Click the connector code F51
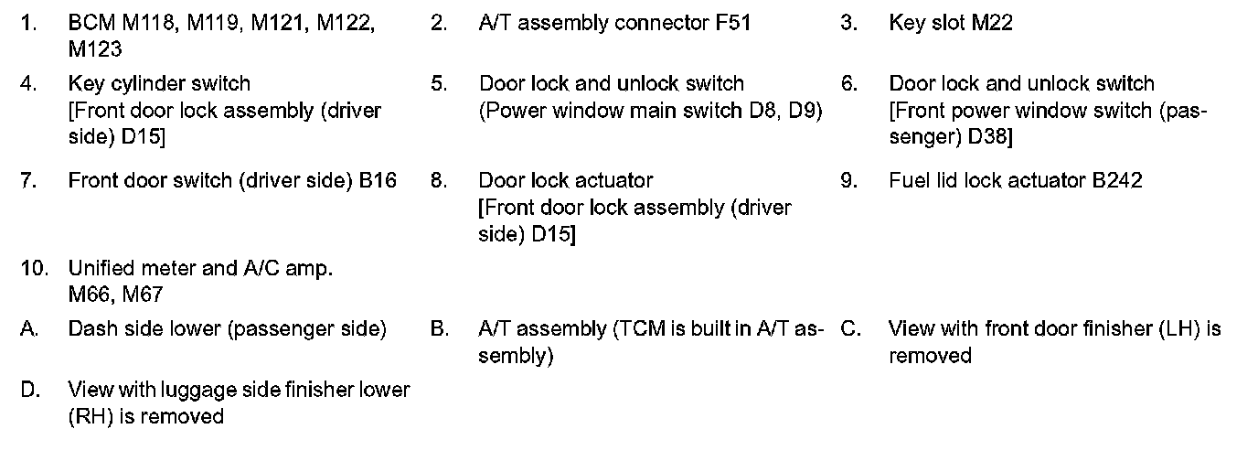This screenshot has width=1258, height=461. click(x=733, y=23)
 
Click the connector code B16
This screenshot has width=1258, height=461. click(x=378, y=180)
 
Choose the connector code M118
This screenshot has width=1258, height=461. click(x=150, y=23)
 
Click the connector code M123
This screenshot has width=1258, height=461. click(x=95, y=48)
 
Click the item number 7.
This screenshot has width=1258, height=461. click(x=28, y=180)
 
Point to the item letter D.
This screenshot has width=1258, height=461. click(x=29, y=391)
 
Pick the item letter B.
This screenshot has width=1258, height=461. click(x=438, y=328)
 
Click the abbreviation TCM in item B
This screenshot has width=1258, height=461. click(x=638, y=328)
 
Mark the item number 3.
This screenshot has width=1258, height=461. click(x=848, y=23)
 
